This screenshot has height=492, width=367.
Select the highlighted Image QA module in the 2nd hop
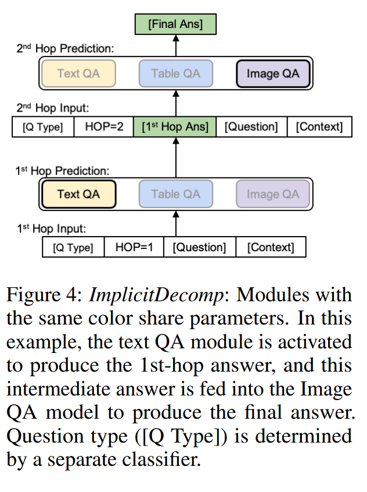point(273,74)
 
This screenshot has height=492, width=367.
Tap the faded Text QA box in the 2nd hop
point(78,74)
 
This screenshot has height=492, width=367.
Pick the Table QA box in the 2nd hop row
point(176,74)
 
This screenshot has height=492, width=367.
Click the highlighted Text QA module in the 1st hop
point(78,194)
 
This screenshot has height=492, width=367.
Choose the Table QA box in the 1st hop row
point(176,194)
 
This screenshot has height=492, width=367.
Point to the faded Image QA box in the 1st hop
point(273,194)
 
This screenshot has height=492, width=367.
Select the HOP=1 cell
point(134,247)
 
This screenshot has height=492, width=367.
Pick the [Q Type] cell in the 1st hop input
point(73,247)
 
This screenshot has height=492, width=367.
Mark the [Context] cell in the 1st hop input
point(271,247)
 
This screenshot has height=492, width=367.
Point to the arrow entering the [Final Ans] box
point(176,45)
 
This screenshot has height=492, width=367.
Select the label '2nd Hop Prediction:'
point(65,49)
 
